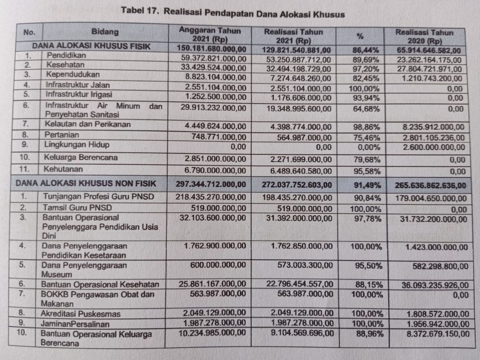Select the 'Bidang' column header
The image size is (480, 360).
(x=105, y=32)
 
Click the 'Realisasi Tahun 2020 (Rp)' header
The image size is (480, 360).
(x=424, y=36)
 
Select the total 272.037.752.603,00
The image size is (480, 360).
(x=297, y=185)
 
